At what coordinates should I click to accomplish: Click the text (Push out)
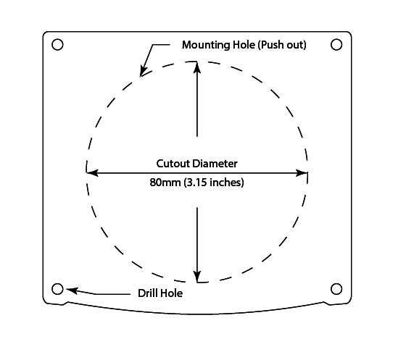pyautogui.click(x=282, y=45)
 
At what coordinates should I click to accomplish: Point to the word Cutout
pyautogui.click(x=173, y=164)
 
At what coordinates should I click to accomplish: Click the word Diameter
pyautogui.click(x=215, y=164)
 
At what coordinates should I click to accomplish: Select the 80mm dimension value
pyautogui.click(x=165, y=183)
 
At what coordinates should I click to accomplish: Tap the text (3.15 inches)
pyautogui.click(x=214, y=183)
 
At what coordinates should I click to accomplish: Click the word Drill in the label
pyautogui.click(x=148, y=293)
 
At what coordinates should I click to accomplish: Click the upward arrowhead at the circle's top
pyautogui.click(x=197, y=67)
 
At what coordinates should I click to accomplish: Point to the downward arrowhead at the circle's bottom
pyautogui.click(x=197, y=277)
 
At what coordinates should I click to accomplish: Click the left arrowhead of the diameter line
pyautogui.click(x=92, y=173)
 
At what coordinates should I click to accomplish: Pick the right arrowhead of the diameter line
pyautogui.click(x=302, y=173)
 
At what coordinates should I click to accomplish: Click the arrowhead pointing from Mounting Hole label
pyautogui.click(x=144, y=71)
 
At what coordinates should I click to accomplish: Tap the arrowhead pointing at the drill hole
pyautogui.click(x=72, y=290)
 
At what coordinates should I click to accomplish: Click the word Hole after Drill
pyautogui.click(x=172, y=293)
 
